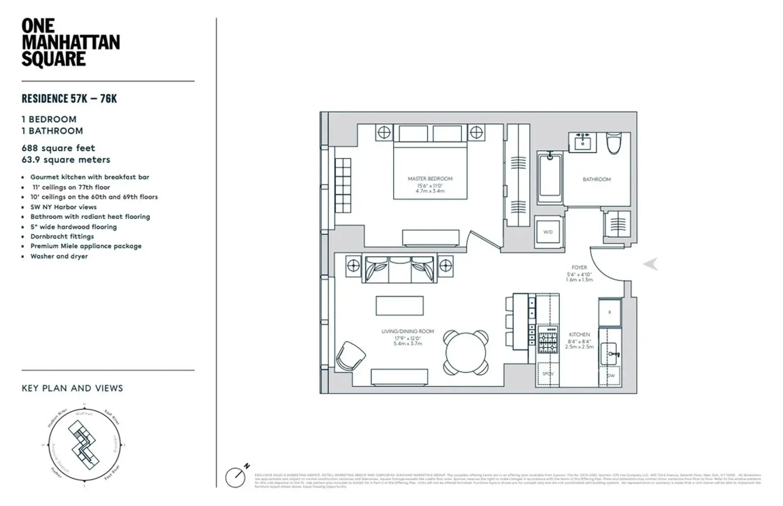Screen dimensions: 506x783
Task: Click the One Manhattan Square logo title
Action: [70, 43]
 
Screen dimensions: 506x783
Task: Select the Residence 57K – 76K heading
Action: [69, 99]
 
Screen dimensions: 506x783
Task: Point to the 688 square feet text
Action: [58, 148]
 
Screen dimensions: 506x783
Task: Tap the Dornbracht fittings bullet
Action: [62, 236]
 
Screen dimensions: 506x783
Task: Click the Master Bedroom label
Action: [430, 179]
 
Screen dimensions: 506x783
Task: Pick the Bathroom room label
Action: [596, 179]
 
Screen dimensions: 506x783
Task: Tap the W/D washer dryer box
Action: [548, 232]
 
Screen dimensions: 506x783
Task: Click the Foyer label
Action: [579, 267]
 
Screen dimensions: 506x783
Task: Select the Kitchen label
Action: [579, 334]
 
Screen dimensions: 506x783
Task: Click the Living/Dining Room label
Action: [408, 331]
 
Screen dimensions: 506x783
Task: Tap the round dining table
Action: [465, 353]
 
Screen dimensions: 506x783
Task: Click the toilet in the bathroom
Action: [614, 143]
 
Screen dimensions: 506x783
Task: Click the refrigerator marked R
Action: [609, 312]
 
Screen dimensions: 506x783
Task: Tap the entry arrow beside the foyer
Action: [651, 264]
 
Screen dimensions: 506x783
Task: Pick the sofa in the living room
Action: [400, 270]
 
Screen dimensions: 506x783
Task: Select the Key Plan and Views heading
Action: [72, 388]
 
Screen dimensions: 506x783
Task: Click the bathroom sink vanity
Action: [582, 142]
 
